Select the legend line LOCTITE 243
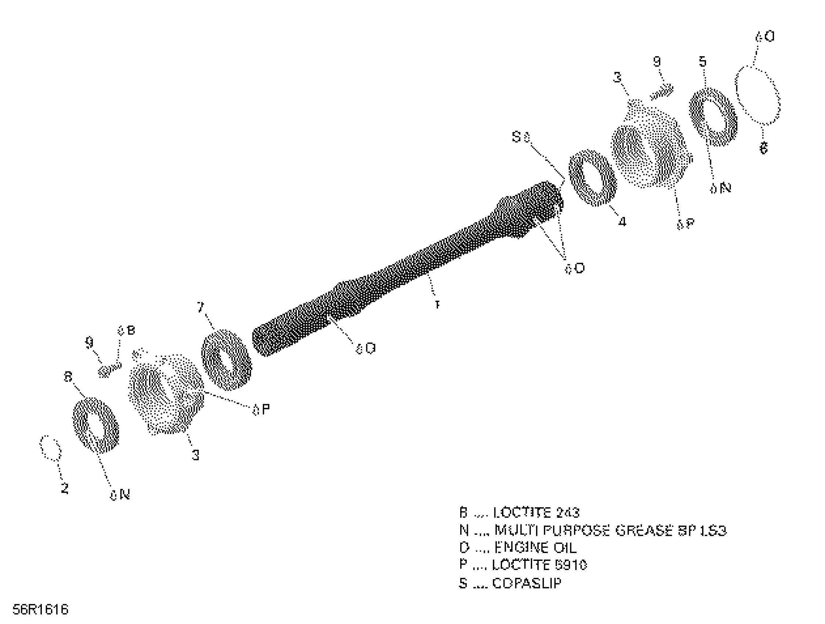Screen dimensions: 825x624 (519, 513)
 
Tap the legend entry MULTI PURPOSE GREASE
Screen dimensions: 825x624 (593, 530)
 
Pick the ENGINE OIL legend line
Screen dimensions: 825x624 (519, 548)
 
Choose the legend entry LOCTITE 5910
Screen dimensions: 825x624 (523, 565)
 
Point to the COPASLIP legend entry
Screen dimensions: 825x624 (510, 583)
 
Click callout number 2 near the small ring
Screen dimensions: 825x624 (65, 488)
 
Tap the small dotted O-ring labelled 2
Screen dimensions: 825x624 (50, 447)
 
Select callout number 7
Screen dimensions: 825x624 (201, 307)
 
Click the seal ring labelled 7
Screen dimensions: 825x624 (226, 360)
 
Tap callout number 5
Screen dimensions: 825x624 (703, 62)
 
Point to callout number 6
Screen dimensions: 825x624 (763, 149)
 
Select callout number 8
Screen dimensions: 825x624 (68, 377)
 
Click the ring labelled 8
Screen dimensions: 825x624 (95, 425)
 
